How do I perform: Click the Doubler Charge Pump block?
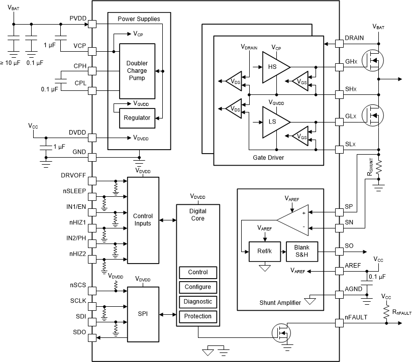point(137,71)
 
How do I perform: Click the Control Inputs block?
point(143,219)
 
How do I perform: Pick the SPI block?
point(143,313)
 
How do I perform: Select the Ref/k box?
point(263,251)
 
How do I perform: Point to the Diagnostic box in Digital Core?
point(198,302)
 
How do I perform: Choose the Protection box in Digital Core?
point(198,316)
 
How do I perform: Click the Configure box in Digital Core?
point(198,287)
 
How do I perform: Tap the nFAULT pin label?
point(356,316)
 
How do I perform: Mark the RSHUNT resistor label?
point(370,167)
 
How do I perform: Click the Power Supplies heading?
point(139,19)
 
